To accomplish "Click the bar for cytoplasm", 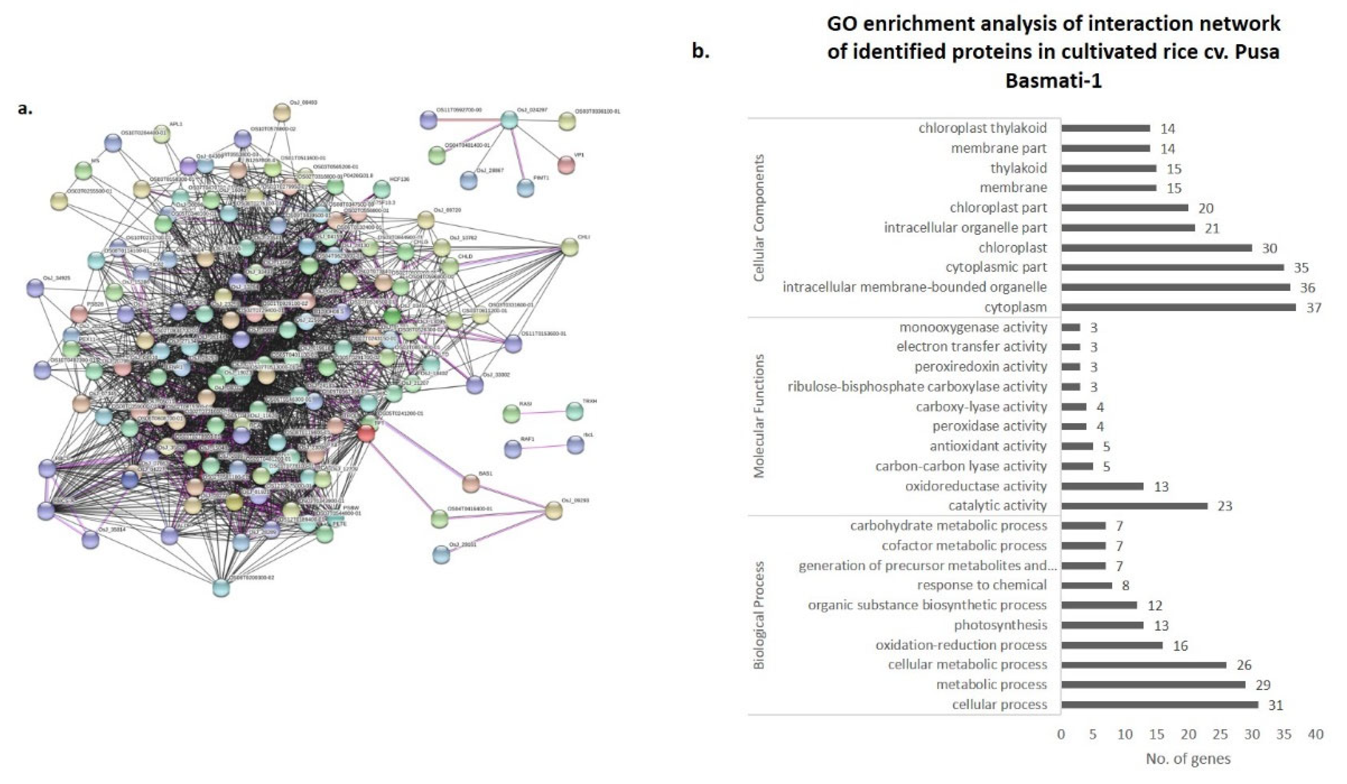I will (1178, 307).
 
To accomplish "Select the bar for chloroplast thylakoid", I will (1106, 128).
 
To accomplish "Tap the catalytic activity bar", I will (1134, 506).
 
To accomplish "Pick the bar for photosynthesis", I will (1102, 625).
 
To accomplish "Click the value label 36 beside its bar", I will (1307, 288).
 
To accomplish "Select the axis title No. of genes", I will (1188, 759).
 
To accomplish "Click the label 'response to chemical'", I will (982, 585).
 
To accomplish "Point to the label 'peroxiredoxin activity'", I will (980, 367).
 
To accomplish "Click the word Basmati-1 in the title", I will (1053, 81).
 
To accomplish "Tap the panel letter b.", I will (700, 52).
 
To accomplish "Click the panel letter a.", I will (25, 109).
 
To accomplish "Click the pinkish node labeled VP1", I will (566, 165).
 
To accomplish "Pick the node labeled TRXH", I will (575, 411).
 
